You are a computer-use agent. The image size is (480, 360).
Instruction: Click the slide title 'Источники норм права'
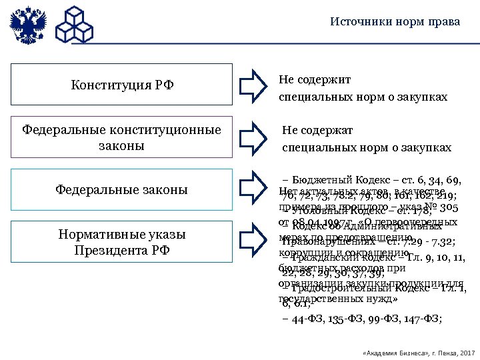click(395, 22)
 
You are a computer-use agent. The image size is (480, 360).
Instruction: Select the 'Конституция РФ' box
click(122, 85)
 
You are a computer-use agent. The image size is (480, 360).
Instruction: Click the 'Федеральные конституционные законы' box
click(122, 137)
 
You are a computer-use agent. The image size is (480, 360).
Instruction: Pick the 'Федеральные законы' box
click(122, 190)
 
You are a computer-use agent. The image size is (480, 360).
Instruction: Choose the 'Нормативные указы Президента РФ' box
click(122, 243)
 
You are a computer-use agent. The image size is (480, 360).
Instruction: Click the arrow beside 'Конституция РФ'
click(252, 85)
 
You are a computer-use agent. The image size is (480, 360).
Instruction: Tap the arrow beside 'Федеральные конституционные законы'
click(252, 137)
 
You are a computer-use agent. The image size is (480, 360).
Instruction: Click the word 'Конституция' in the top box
click(108, 85)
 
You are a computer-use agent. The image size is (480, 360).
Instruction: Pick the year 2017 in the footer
click(467, 351)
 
